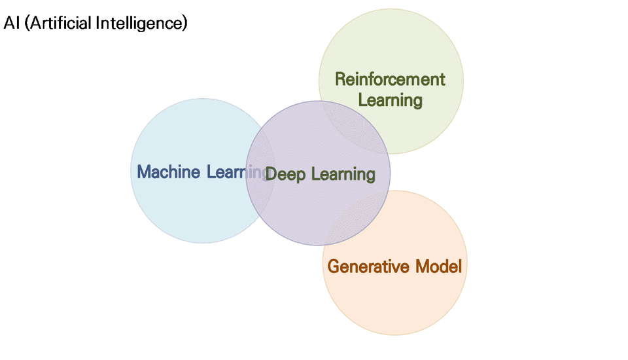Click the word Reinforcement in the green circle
[390, 79]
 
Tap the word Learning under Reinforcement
[391, 100]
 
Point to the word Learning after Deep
[343, 174]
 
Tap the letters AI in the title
[11, 24]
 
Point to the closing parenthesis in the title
[185, 24]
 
